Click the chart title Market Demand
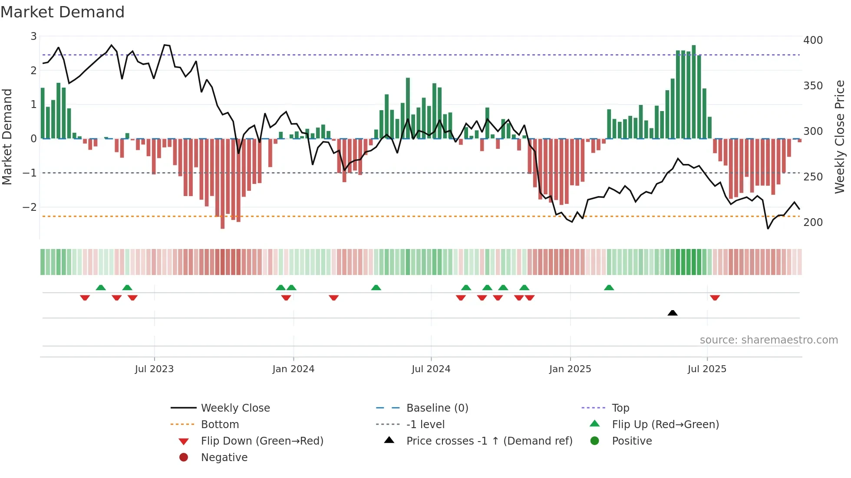[63, 12]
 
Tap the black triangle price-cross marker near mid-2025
[673, 313]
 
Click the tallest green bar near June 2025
[694, 92]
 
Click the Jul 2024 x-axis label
[431, 369]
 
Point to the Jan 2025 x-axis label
[570, 369]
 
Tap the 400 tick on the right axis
[813, 40]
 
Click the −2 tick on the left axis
[30, 207]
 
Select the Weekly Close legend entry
[235, 408]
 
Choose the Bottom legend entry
[220, 424]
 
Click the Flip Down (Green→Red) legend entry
[262, 441]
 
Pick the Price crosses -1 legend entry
[489, 441]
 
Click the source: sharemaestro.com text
[769, 340]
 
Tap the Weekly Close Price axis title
[840, 137]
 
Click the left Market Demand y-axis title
[7, 137]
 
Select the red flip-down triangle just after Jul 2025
[715, 298]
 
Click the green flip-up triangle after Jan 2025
[609, 288]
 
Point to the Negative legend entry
[224, 457]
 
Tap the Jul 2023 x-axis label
[154, 369]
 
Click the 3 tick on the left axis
[33, 36]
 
